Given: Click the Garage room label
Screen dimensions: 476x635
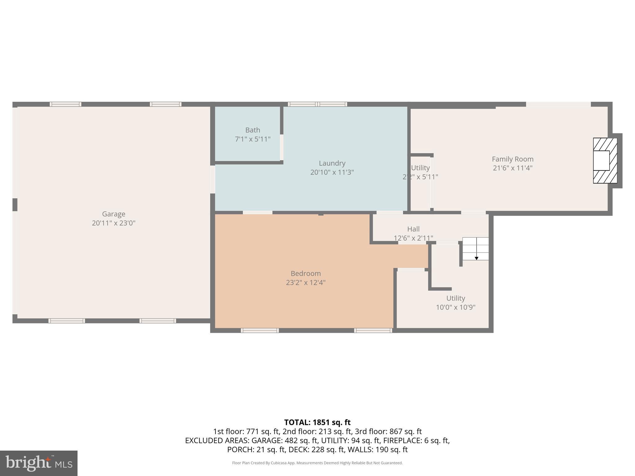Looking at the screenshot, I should tap(113, 214).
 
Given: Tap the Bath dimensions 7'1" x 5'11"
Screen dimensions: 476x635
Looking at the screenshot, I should tap(252, 139).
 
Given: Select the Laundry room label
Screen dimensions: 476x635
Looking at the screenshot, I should tap(332, 163).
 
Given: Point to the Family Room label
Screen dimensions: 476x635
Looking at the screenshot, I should tap(513, 159).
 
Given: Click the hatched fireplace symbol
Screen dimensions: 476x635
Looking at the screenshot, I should tap(605, 161).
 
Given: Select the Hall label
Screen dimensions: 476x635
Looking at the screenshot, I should tap(413, 229).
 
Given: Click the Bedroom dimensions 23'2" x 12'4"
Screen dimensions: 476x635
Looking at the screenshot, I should tap(305, 283).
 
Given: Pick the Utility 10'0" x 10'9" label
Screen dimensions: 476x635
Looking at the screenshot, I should tap(455, 303).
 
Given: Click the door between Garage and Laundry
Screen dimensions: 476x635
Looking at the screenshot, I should tap(213, 180).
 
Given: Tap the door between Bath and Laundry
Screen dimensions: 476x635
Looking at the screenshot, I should tap(282, 147).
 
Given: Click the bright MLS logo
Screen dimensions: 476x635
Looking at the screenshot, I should tap(38, 463).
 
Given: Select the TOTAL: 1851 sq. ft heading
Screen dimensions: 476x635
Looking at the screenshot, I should tap(317, 422).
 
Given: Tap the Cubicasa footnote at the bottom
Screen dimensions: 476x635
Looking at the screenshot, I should tap(317, 463).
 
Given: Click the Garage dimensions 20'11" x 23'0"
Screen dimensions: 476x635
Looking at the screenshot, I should tap(113, 223).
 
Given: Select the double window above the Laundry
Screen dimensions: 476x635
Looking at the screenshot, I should tap(317, 104).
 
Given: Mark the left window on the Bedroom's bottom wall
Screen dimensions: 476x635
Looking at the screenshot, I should tap(260, 330).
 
